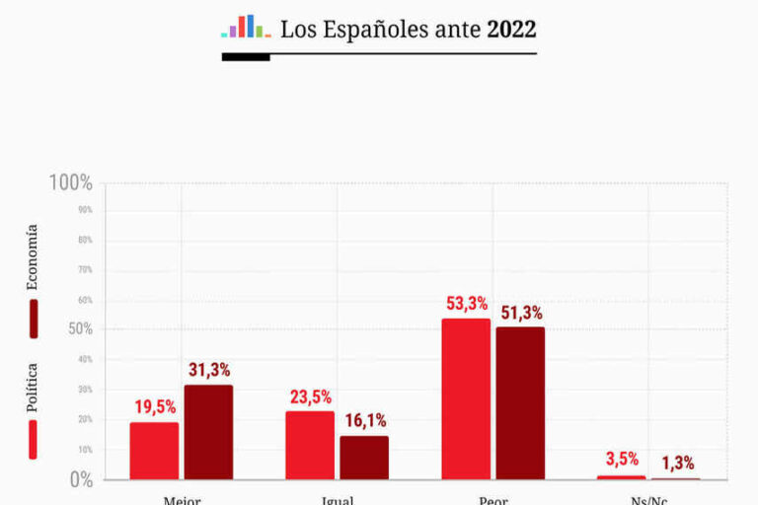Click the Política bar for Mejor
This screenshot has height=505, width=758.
(154, 451)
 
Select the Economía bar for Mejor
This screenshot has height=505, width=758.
(208, 432)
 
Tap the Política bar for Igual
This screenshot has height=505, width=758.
(310, 445)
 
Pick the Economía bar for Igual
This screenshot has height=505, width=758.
(364, 458)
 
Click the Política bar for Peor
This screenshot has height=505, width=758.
(466, 398)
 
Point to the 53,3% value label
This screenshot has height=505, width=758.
(466, 303)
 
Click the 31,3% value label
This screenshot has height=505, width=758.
(208, 370)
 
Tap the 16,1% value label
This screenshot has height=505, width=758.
(365, 420)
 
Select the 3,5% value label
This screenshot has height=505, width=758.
(622, 459)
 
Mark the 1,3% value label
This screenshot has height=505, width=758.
(677, 463)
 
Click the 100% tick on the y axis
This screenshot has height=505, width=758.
(71, 183)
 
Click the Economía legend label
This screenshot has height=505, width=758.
(33, 256)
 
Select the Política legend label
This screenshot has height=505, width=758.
(33, 388)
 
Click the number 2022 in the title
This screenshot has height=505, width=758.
(511, 30)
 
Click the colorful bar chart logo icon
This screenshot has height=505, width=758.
(246, 27)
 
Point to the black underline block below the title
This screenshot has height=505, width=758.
(246, 57)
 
